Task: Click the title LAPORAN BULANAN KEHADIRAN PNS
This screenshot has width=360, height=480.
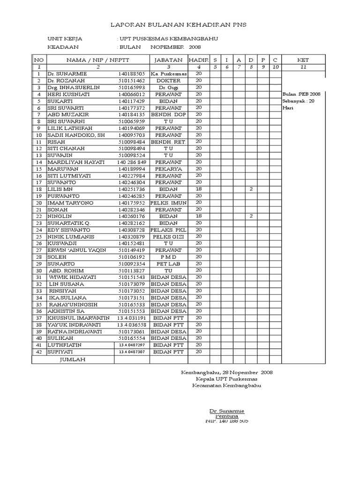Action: [x=178, y=24]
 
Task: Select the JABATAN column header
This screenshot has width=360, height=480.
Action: [x=168, y=60]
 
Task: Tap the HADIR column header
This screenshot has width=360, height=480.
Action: [x=198, y=60]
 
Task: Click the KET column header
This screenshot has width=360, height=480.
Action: [x=303, y=60]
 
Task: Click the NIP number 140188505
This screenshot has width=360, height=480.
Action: [x=132, y=74]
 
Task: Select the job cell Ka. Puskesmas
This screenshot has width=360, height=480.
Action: [x=168, y=74]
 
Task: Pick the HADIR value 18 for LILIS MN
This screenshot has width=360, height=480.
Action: [x=198, y=189]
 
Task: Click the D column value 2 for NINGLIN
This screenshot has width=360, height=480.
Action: [x=251, y=216]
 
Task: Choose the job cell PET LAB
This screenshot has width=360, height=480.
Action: [x=168, y=264]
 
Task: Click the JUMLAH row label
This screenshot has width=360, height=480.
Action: [x=73, y=359]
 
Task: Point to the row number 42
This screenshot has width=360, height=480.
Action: [x=39, y=352]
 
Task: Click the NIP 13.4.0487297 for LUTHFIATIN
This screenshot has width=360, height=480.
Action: [x=132, y=345]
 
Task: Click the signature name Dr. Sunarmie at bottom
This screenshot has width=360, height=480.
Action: [x=226, y=411]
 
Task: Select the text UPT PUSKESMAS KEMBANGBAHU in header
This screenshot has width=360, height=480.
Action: [x=169, y=39]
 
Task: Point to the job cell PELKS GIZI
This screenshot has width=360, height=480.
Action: [x=168, y=237]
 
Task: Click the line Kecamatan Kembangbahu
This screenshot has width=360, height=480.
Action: [x=226, y=385]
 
